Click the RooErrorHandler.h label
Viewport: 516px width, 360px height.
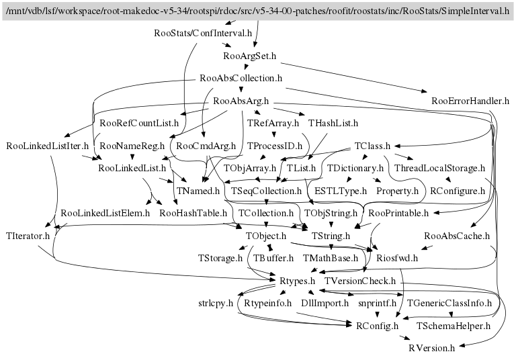tap(470, 101)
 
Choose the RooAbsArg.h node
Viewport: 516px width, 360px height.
tap(241, 101)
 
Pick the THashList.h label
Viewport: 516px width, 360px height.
tap(333, 124)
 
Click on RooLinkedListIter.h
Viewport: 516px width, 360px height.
tap(47, 146)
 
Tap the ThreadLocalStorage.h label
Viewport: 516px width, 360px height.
tap(439, 169)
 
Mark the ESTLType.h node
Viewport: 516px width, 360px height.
tap(341, 192)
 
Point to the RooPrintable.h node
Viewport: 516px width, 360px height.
tap(399, 214)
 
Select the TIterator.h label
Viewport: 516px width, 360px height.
tap(28, 236)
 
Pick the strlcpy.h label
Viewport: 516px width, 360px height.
tap(216, 304)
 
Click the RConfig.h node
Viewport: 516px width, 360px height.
tap(372, 326)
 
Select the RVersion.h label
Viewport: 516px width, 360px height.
tap(432, 349)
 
